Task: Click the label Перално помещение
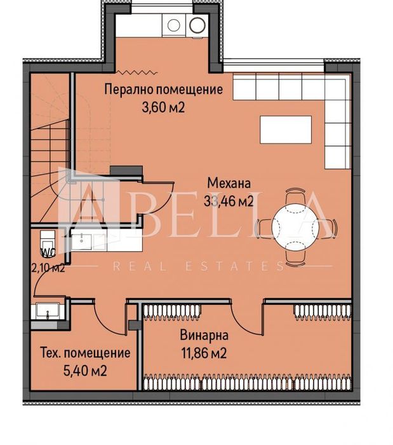[x=163, y=90]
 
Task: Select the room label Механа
[x=229, y=184]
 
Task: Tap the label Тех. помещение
[x=85, y=353]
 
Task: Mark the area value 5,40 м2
[x=85, y=371]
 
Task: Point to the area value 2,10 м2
[x=48, y=268]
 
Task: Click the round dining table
[x=291, y=226]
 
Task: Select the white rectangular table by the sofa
[x=285, y=130]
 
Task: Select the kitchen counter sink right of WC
[x=83, y=241]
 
